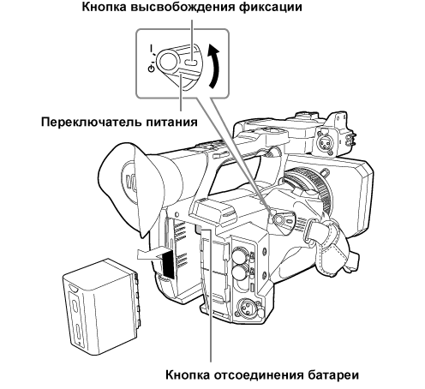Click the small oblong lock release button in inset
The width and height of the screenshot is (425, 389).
191,61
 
